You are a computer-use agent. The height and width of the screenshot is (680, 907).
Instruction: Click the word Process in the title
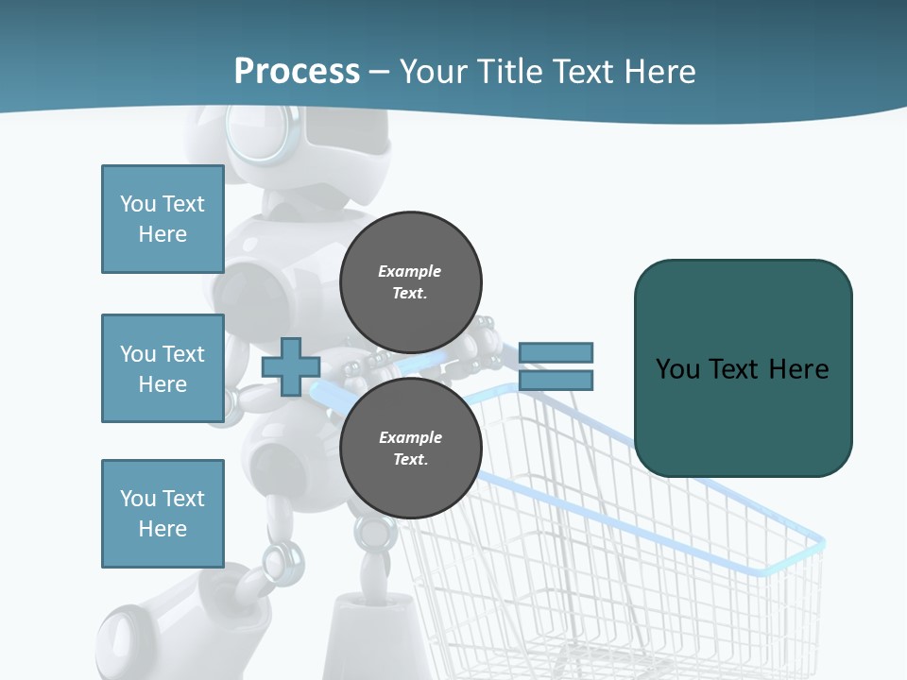pos(297,72)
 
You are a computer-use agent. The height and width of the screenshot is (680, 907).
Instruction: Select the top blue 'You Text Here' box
pos(163,219)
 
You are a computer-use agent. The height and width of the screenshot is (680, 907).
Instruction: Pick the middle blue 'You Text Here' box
pos(163,368)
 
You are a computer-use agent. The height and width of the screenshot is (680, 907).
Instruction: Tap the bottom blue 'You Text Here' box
pos(163,514)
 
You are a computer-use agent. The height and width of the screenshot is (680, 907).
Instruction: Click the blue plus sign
pos(290,366)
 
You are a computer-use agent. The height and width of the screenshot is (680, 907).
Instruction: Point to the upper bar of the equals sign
pos(556,352)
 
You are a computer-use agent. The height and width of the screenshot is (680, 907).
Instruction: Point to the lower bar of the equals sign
pos(556,381)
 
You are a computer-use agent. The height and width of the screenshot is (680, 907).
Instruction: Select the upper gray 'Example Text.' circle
pos(410,281)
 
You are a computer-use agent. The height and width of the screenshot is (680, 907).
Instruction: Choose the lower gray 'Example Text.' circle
pos(410,448)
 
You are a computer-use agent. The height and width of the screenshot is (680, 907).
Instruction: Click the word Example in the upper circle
pos(410,271)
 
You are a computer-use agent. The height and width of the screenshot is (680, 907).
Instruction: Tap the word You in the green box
pos(677,368)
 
